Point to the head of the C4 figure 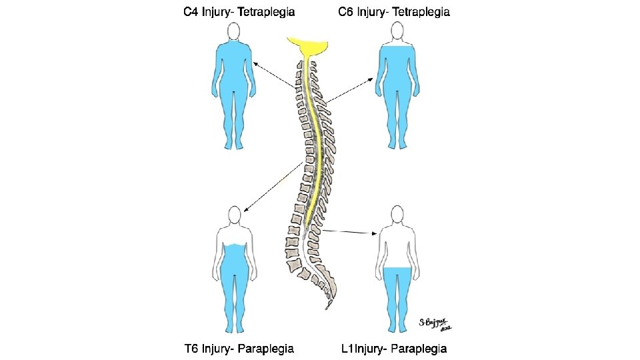click(x=233, y=31)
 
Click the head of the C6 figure click(x=397, y=31)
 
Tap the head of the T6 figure click(x=233, y=215)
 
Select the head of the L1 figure click(x=397, y=215)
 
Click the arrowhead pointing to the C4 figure click(x=255, y=63)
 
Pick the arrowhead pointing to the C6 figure click(x=374, y=79)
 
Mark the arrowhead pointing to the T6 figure click(x=245, y=210)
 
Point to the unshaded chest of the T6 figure click(x=233, y=237)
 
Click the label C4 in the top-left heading click(x=192, y=12)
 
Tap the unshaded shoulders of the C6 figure click(x=397, y=45)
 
